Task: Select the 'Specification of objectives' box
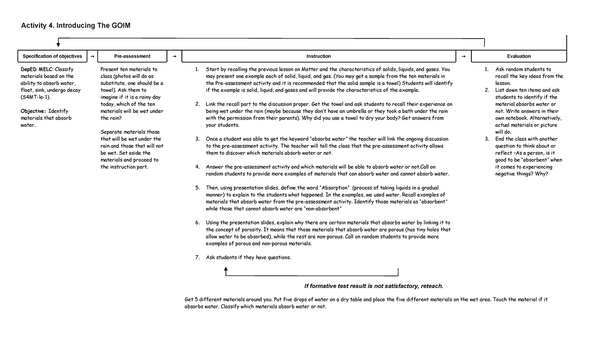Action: (52, 56)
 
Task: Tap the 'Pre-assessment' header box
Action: (132, 56)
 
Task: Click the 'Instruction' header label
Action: (318, 56)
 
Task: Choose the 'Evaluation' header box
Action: (518, 56)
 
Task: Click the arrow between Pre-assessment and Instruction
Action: (174, 57)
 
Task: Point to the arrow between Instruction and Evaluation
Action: (463, 57)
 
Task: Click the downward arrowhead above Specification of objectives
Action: (58, 46)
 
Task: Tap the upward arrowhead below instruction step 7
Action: (226, 269)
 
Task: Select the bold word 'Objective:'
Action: (34, 111)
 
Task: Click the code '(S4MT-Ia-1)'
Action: (36, 97)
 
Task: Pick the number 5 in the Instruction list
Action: (197, 188)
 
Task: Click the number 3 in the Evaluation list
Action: (487, 139)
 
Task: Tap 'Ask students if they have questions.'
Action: (248, 257)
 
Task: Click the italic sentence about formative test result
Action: (374, 286)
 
